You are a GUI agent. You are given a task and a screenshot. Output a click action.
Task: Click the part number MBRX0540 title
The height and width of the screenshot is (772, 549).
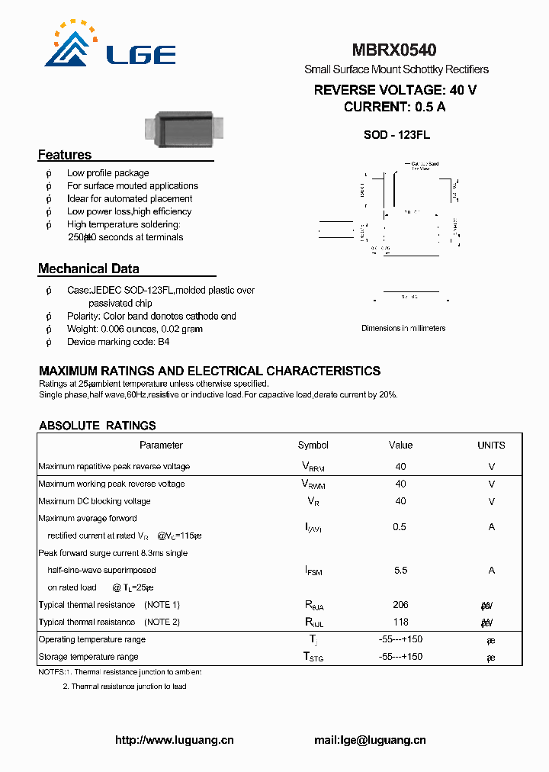[393, 50]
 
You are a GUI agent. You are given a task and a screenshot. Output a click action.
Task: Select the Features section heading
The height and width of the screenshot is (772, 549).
[65, 155]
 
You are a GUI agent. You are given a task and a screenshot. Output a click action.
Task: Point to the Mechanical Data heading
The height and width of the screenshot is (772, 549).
[88, 269]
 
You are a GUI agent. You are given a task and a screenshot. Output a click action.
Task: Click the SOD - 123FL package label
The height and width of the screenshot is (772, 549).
[396, 135]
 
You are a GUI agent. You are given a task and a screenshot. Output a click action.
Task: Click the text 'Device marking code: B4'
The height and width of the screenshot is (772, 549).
[118, 342]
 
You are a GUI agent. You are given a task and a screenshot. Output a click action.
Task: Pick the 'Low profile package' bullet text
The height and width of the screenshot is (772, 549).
[108, 173]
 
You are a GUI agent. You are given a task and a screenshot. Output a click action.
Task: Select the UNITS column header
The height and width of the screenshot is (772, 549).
[491, 446]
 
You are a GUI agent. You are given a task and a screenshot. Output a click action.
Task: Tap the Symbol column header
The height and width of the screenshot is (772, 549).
[313, 446]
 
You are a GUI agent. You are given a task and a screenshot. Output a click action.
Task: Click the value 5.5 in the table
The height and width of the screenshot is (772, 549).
[400, 570]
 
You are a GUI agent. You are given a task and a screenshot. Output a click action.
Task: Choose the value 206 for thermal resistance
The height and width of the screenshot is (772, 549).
[400, 605]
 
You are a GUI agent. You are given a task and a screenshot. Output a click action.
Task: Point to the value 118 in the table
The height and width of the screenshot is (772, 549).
[400, 622]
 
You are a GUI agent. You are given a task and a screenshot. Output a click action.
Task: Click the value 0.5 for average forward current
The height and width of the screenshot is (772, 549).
[400, 527]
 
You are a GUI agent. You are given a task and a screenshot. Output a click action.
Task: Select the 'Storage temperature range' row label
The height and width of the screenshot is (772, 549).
[88, 657]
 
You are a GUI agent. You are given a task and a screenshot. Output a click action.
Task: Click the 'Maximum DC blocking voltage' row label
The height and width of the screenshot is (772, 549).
[95, 501]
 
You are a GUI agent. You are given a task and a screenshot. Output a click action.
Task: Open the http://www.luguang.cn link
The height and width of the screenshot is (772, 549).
[174, 740]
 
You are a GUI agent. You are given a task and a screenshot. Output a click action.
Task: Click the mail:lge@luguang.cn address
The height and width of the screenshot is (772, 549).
[370, 740]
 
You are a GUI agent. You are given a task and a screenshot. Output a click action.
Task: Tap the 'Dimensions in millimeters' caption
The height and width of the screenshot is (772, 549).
[403, 328]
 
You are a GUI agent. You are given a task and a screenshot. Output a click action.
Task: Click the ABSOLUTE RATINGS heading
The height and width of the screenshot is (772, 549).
[98, 426]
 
